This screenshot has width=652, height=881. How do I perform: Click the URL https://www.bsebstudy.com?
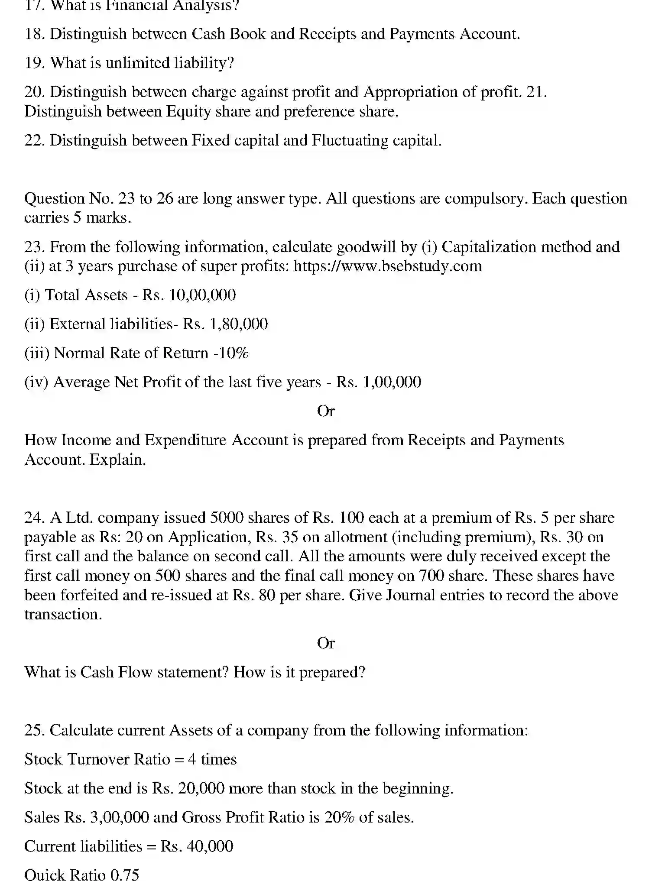(388, 266)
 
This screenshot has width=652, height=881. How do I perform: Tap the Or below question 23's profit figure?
(326, 411)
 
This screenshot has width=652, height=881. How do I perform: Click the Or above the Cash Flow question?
(326, 643)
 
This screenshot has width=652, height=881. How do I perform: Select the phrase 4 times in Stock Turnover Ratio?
(212, 759)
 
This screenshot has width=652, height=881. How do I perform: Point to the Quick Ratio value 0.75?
(125, 874)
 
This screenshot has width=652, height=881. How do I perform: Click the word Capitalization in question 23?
(489, 246)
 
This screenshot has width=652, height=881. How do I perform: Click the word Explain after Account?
(117, 460)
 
